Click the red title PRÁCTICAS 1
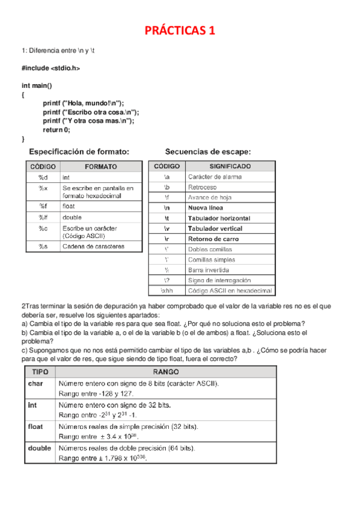[x=181, y=30]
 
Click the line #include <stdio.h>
[x=50, y=69]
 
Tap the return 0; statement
[x=56, y=129]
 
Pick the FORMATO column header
[x=101, y=167]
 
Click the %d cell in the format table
[x=42, y=178]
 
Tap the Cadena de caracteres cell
[x=93, y=247]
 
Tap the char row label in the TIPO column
[x=35, y=383]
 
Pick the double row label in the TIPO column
[x=39, y=448]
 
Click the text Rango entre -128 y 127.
[x=96, y=393]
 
